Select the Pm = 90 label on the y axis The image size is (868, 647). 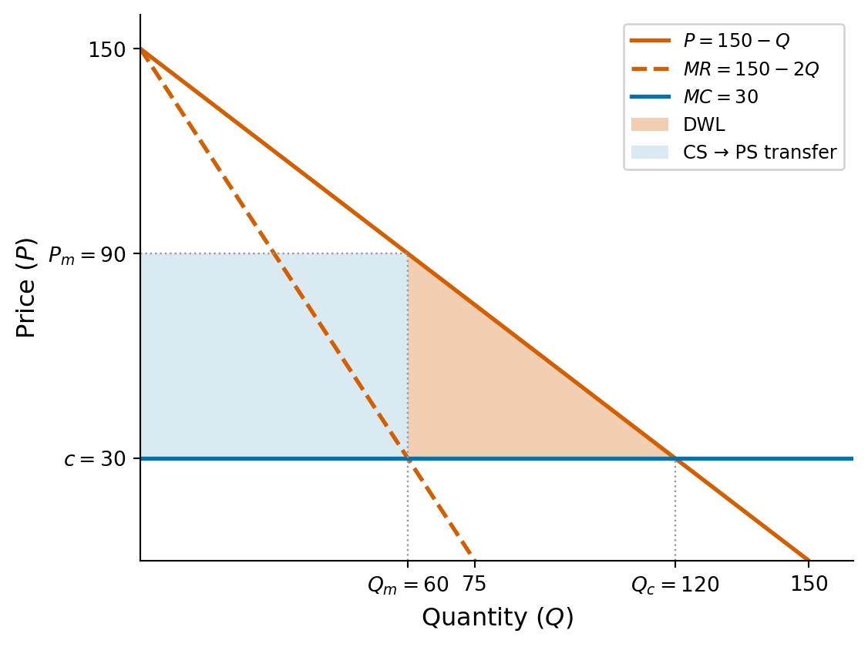(x=91, y=255)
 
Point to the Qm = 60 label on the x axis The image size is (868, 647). (x=408, y=585)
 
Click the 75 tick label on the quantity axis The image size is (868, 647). (x=474, y=585)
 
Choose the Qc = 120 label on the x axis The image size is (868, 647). (x=675, y=585)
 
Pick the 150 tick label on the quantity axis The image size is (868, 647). (x=809, y=585)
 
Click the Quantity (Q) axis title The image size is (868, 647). (x=497, y=618)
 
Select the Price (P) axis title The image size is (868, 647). (x=26, y=287)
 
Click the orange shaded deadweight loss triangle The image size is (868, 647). (x=493, y=393)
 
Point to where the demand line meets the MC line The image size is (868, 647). (x=675, y=458)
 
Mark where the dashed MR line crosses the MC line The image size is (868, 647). (x=408, y=458)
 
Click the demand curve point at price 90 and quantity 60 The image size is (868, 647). (x=408, y=253)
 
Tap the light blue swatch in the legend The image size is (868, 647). (x=649, y=153)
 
